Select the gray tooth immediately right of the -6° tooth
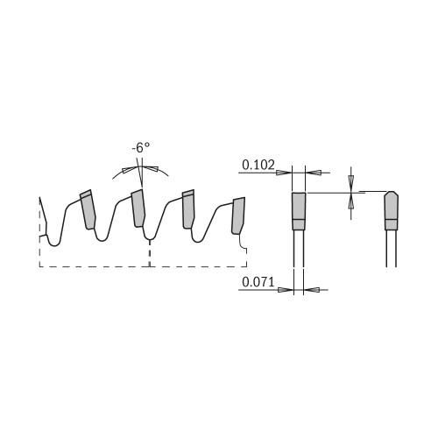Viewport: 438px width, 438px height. point(188,210)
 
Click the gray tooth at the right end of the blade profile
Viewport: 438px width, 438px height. point(237,215)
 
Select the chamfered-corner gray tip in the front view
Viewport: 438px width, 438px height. point(391,210)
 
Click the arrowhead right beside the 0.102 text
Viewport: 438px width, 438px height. point(283,172)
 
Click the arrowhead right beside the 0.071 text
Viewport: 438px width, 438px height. point(286,289)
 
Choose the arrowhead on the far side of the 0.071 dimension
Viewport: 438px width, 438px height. point(311,289)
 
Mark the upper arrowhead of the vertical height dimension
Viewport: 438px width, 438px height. point(350,180)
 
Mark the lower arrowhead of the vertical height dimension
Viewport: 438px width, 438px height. point(350,201)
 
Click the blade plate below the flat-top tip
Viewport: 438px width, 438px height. point(299,250)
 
